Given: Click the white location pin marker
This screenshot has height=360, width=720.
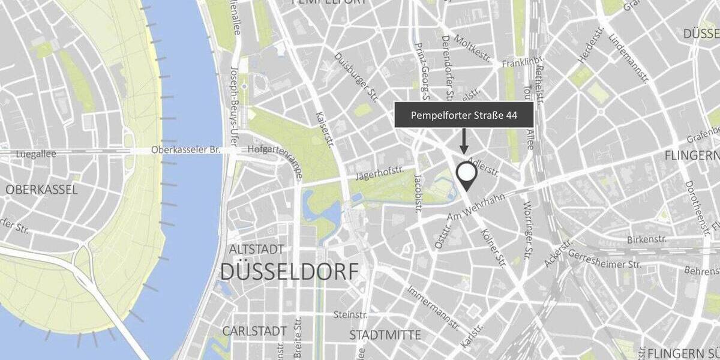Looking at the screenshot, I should point(466,175).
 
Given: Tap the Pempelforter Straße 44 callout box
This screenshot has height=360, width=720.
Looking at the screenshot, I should point(464,115).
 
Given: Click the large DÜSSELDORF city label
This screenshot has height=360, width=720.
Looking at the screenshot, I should point(289,271).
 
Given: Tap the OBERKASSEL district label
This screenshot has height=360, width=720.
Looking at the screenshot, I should point(42,190).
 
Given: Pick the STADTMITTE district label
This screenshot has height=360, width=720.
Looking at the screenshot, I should point(385,334).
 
